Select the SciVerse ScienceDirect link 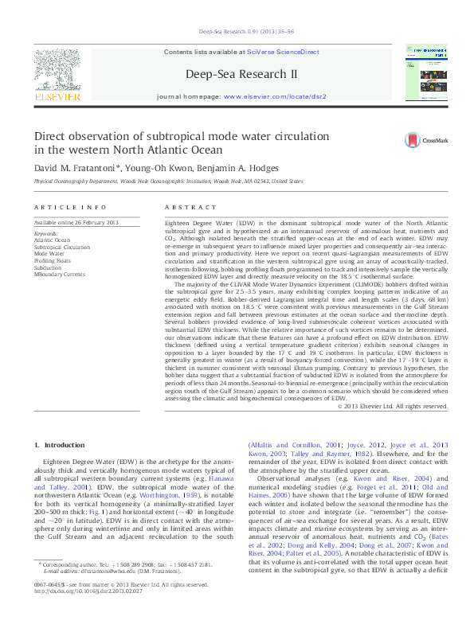tap(283, 52)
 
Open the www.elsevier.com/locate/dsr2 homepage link tap(275, 96)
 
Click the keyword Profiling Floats tap(52, 260)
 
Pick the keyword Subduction tap(49, 267)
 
